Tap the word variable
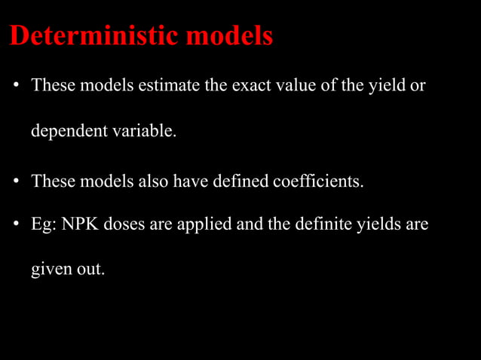click(x=144, y=131)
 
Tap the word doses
click(x=124, y=224)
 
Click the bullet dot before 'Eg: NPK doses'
click(x=15, y=224)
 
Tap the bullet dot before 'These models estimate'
click(x=15, y=86)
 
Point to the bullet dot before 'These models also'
click(x=15, y=182)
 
